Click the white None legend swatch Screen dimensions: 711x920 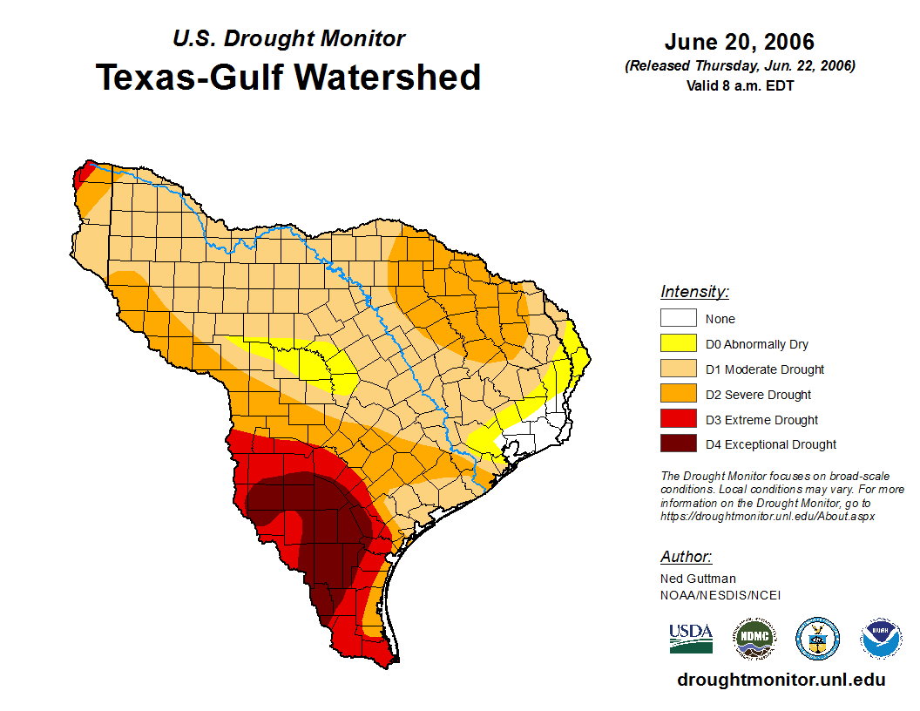pyautogui.click(x=678, y=319)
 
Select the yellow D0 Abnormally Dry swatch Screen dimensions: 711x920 pyautogui.click(x=678, y=344)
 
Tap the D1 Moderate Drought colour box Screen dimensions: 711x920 pyautogui.click(x=678, y=369)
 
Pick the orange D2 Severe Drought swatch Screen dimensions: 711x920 pyautogui.click(x=678, y=395)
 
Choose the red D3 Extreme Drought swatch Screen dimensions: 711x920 pyautogui.click(x=678, y=420)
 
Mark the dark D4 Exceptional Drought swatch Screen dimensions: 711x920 pyautogui.click(x=678, y=444)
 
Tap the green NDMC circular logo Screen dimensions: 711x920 pyautogui.click(x=754, y=639)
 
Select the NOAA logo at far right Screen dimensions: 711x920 pyautogui.click(x=881, y=639)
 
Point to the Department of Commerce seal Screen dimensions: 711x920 pyautogui.click(x=818, y=639)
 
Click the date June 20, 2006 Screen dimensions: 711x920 pyautogui.click(x=739, y=42)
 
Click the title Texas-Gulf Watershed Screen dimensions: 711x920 pyautogui.click(x=288, y=78)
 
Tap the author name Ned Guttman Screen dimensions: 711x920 pyautogui.click(x=698, y=579)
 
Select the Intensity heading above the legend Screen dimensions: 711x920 pyautogui.click(x=694, y=292)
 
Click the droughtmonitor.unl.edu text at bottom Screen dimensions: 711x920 pyautogui.click(x=781, y=681)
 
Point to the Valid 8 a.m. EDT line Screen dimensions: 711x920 pyautogui.click(x=740, y=85)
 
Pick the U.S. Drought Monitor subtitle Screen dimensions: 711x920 pyautogui.click(x=288, y=39)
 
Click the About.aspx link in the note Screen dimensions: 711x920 pyautogui.click(x=768, y=516)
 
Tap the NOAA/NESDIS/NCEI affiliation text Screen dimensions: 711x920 pyautogui.click(x=720, y=595)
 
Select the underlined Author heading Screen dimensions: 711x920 pyautogui.click(x=686, y=557)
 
